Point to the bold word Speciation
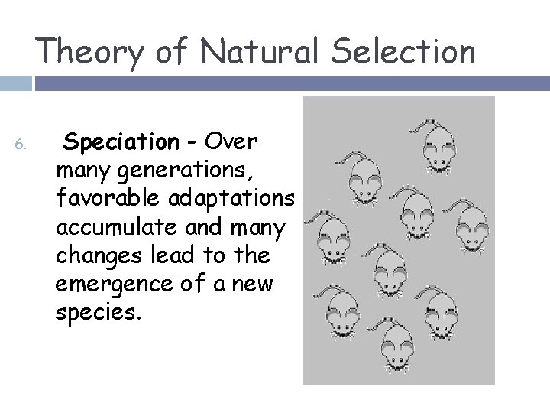(121, 142)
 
